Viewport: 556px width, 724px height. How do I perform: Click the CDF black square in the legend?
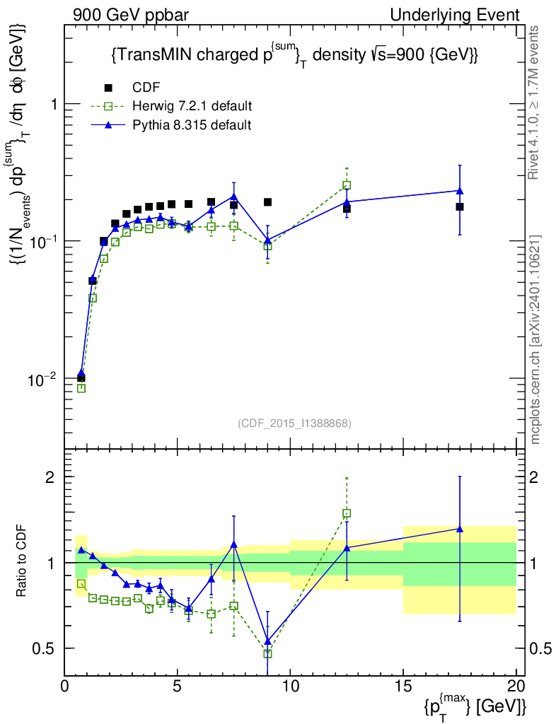(109, 88)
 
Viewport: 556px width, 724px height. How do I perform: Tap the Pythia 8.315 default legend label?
(192, 124)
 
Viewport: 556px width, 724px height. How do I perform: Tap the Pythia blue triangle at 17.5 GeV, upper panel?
(460, 191)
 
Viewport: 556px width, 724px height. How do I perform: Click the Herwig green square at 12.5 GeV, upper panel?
(347, 185)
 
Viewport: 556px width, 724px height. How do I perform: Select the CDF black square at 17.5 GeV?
(460, 206)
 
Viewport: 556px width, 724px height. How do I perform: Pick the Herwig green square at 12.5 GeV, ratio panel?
(347, 513)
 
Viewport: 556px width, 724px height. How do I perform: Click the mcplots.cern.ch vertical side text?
(535, 339)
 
